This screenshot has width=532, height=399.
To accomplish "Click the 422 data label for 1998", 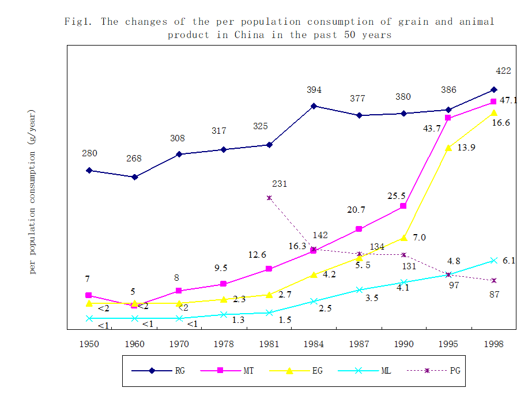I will (504, 71).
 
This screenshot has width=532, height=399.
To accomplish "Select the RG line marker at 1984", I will (314, 106).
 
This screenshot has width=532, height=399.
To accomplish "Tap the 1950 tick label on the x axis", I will (89, 344).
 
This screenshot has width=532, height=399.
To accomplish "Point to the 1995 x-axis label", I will (448, 344).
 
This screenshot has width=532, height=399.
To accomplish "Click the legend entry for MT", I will (236, 371).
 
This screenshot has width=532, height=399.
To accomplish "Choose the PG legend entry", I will (438, 371).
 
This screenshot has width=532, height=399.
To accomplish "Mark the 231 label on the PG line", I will (280, 185).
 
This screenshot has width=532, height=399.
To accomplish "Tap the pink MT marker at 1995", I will (448, 118).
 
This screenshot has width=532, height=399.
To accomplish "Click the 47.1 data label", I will (508, 100).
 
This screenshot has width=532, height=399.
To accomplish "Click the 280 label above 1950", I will (89, 153).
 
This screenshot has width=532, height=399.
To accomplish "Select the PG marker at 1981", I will (269, 198).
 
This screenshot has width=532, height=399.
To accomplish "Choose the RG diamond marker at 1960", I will (134, 177).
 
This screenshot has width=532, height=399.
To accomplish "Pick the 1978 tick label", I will (224, 344).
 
